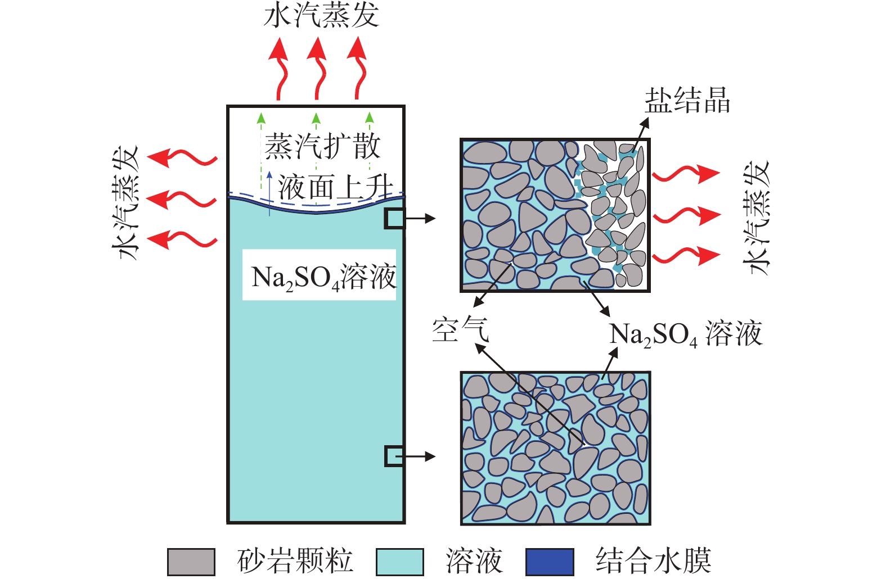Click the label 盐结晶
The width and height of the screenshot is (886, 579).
coord(687,101)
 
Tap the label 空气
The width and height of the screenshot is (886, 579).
coord(460,330)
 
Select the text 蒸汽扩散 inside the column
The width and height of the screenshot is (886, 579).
coord(322,146)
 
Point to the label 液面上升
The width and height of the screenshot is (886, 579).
coord(335,187)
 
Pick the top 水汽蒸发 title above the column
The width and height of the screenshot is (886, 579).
coord(321,15)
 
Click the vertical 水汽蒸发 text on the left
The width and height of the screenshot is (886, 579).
coord(126,202)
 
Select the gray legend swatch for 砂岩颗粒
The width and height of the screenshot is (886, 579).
coord(191,562)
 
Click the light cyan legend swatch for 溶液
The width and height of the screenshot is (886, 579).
coord(399,562)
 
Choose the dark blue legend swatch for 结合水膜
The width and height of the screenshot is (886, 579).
coord(550,562)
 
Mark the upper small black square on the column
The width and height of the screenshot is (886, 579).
coord(394,219)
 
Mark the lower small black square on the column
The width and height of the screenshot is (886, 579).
coord(394,456)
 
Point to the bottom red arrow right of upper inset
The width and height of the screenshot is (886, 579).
coord(686,256)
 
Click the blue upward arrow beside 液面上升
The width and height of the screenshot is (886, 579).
coord(270,193)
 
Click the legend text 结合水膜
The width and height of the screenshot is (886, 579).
coord(653,560)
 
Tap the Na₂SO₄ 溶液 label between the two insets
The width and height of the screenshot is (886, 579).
coord(686,334)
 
